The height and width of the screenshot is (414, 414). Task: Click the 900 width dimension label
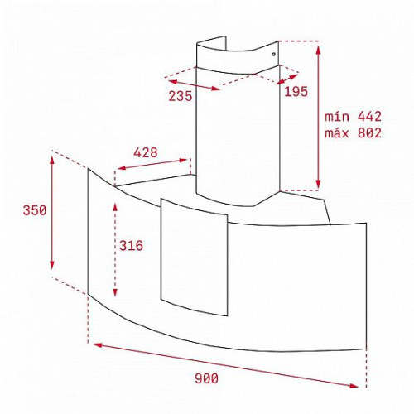[x=206, y=378]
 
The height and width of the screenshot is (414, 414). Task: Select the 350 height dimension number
[x=35, y=210]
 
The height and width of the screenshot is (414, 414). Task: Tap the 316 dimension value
[x=131, y=245]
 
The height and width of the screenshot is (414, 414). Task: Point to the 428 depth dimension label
[x=146, y=152]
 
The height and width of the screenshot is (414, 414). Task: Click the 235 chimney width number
[x=181, y=96]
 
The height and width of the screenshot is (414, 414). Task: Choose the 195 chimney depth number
[x=296, y=92]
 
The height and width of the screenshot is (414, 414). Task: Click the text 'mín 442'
[x=353, y=117]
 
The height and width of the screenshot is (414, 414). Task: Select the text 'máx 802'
[x=353, y=133]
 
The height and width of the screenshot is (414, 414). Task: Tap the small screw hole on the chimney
[x=273, y=54]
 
